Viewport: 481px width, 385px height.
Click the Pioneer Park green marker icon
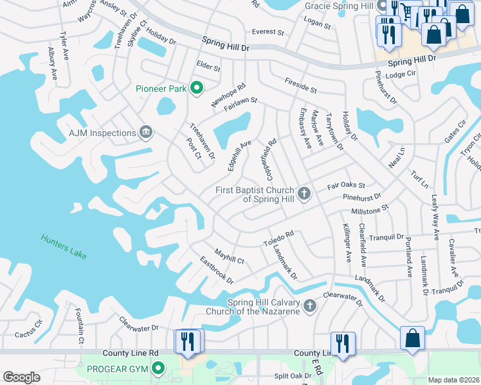click(x=197, y=89)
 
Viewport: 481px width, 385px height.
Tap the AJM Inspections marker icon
click(x=146, y=133)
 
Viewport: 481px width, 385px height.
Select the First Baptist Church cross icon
click(x=304, y=193)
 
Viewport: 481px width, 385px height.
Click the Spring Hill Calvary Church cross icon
click(x=310, y=305)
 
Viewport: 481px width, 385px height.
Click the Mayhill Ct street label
click(x=229, y=257)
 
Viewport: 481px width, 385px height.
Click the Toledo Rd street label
click(x=278, y=239)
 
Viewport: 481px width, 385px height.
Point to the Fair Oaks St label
click(x=346, y=185)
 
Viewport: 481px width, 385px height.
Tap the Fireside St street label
click(x=300, y=85)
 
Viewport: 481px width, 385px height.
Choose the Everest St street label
click(x=268, y=31)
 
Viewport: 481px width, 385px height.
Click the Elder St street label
click(x=208, y=67)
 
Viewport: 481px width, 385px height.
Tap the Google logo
click(x=21, y=377)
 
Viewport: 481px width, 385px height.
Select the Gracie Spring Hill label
click(x=339, y=6)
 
